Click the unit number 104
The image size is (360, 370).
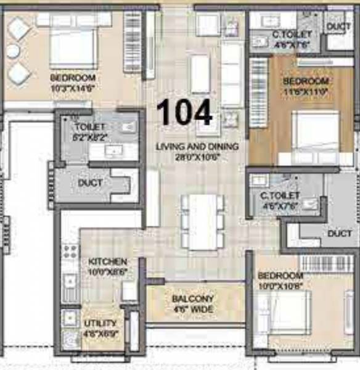click(x=184, y=113)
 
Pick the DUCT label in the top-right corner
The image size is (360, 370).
click(x=339, y=27)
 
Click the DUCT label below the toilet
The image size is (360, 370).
click(x=90, y=183)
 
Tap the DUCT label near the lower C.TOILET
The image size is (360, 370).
click(x=340, y=234)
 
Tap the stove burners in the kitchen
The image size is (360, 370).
click(x=70, y=252)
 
